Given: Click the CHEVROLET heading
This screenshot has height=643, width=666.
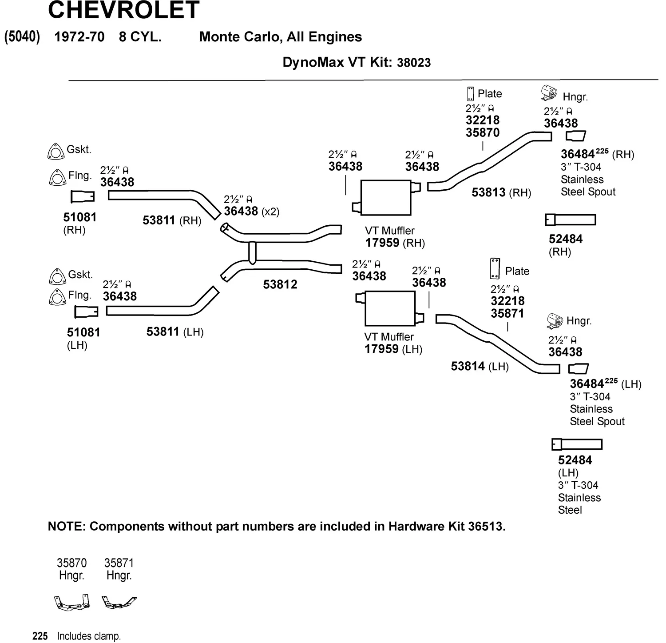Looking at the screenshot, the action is [x=123, y=10].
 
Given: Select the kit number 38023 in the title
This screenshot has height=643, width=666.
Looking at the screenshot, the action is [x=414, y=63].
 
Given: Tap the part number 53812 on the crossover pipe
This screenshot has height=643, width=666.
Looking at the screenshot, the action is [x=280, y=284].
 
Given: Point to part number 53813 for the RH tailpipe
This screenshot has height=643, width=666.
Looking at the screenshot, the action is [x=488, y=192].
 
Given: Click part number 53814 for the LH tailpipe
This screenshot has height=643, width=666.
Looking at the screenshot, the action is [x=468, y=366].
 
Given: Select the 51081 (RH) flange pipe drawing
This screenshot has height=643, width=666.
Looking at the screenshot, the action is [x=83, y=196].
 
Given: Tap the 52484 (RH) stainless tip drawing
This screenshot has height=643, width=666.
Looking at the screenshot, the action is [x=571, y=220].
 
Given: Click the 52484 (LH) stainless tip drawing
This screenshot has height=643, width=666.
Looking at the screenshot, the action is [x=577, y=444].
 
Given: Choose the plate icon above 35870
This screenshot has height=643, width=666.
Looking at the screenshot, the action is [x=470, y=94].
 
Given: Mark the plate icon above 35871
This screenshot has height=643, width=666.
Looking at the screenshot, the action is [x=495, y=268].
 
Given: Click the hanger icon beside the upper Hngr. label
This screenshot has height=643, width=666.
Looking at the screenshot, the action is [x=549, y=92].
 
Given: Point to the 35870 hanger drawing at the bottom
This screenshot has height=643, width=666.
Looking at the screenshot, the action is [x=72, y=603].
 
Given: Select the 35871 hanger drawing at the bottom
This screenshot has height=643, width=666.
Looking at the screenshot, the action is [x=119, y=602].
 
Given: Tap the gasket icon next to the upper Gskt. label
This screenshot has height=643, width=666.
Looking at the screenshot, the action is [x=55, y=152].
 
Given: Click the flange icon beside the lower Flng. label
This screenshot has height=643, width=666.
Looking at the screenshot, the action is [x=56, y=297].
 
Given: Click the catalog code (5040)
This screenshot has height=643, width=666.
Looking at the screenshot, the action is [x=22, y=36].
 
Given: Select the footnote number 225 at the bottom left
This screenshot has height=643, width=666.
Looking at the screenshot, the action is [x=40, y=636].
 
